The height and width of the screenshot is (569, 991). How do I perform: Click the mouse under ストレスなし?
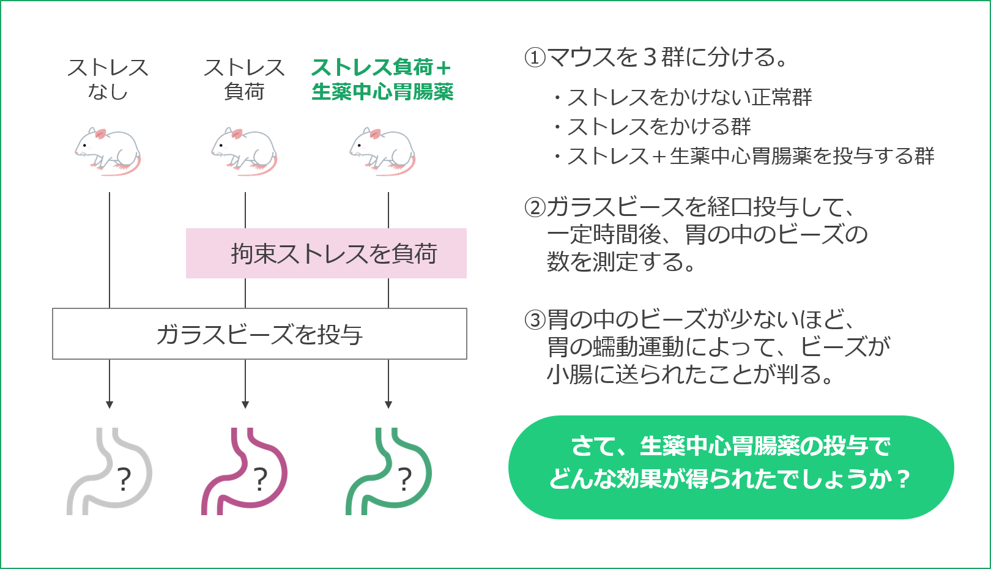108,151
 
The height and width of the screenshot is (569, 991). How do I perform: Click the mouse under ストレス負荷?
244,151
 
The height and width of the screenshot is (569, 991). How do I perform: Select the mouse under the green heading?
382,151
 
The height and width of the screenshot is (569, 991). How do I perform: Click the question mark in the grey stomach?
124,480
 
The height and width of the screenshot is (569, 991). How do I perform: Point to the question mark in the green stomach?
404,480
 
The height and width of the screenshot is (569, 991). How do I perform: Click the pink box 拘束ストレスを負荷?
326,253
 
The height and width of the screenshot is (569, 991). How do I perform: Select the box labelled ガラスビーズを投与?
259,334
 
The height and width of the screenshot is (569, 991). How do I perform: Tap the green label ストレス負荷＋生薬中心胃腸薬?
382,79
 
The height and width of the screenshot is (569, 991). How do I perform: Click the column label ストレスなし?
108,79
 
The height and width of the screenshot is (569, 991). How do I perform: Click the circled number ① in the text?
535,58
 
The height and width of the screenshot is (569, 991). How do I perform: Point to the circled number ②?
535,207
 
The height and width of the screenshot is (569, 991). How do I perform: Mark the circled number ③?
535,319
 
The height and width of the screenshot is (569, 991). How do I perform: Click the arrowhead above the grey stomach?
109,404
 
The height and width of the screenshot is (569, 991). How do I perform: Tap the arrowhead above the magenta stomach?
245,404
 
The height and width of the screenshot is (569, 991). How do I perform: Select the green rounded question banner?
731,467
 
